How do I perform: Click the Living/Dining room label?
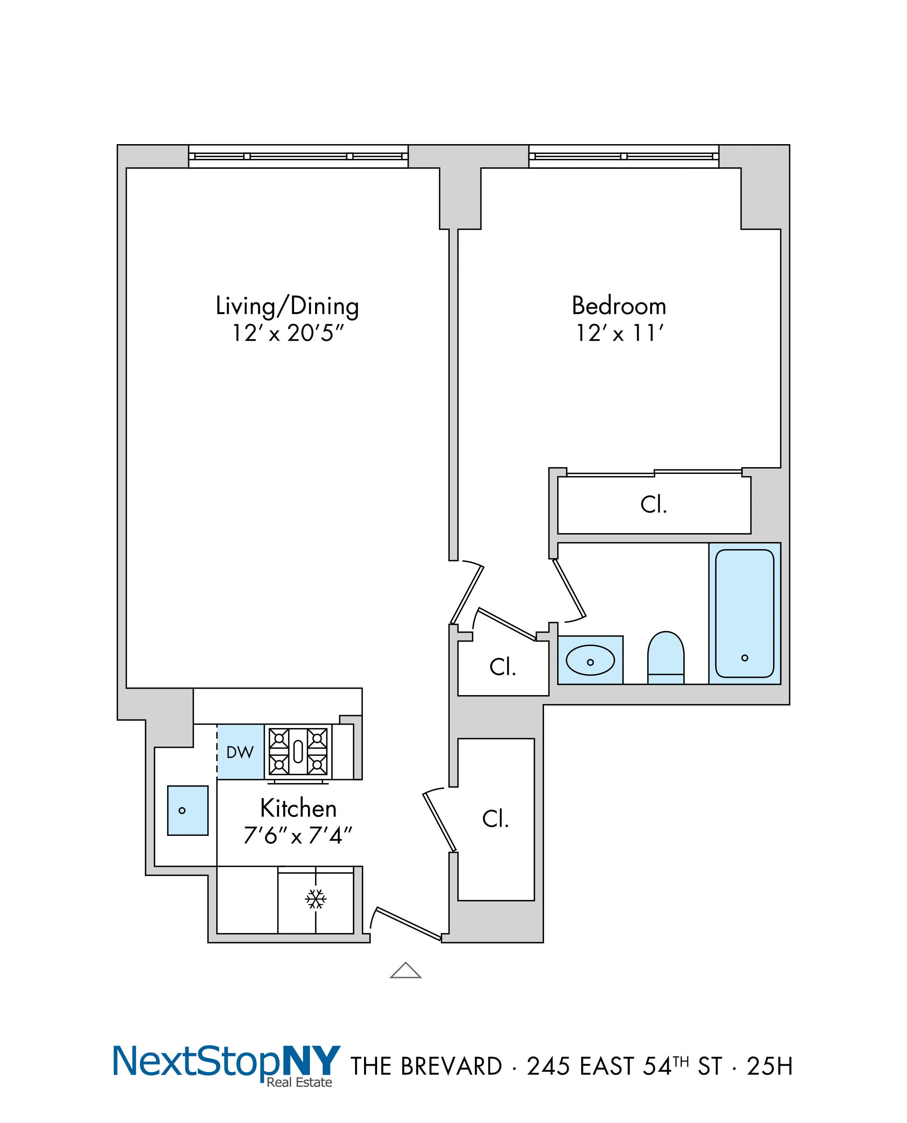[x=287, y=306]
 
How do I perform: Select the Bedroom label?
[x=619, y=306]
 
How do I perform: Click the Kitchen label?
[x=298, y=808]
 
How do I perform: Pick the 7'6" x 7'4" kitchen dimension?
[x=298, y=835]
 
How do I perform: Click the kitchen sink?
[x=187, y=810]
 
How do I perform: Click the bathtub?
[x=745, y=613]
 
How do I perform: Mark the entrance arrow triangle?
[x=406, y=970]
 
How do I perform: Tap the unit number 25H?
[x=770, y=1066]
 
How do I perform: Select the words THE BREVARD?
[x=426, y=1066]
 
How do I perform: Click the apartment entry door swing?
[x=407, y=923]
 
